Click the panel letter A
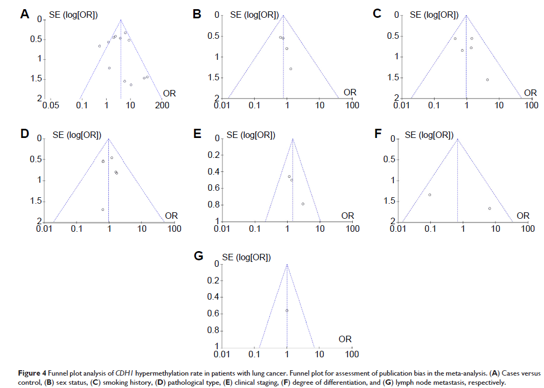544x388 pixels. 24,15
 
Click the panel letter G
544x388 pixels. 198,256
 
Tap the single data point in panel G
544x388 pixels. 287,310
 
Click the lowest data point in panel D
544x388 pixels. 102,209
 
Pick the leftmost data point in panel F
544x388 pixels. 430,195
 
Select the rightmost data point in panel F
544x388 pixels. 490,209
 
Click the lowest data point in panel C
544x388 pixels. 487,80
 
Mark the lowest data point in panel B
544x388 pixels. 291,69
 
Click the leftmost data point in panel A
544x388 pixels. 100,46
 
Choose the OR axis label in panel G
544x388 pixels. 345,339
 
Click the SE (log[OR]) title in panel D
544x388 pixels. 76,135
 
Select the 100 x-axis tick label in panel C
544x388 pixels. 532,105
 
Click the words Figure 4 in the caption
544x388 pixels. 19,372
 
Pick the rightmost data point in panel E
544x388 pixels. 303,204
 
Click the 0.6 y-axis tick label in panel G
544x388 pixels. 214,314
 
